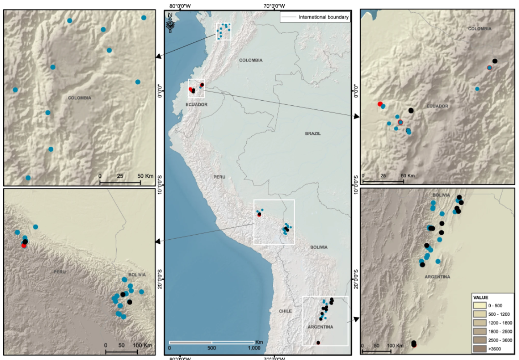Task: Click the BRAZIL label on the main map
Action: coord(313,134)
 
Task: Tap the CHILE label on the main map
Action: coord(285,311)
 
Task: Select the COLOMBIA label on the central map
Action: coord(251,60)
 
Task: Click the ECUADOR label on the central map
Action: coord(197,105)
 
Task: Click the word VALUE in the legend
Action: coord(482,298)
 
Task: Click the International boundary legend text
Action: coord(324,17)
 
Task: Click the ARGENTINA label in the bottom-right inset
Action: coord(437,277)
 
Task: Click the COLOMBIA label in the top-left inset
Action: coord(79,98)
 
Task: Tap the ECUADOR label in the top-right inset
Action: coord(437,106)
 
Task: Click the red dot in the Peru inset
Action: coord(24,245)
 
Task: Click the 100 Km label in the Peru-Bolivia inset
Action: coord(142,345)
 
